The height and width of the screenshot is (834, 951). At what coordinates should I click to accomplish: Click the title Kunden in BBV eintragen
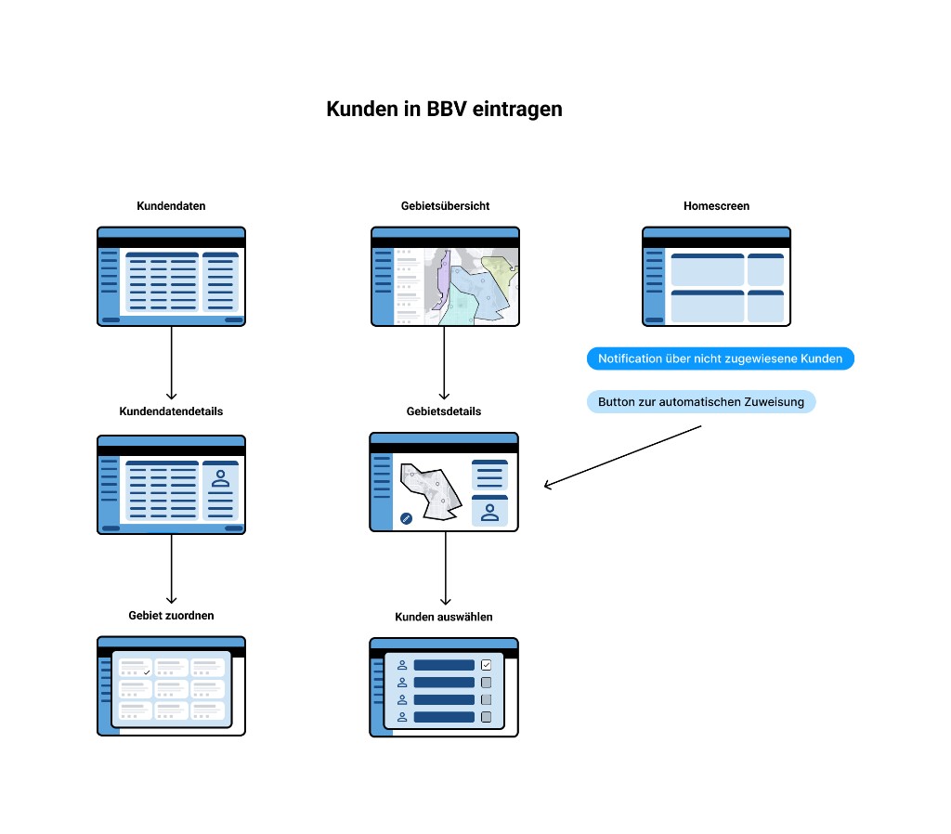pos(444,109)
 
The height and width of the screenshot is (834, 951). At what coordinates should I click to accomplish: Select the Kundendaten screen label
pos(171,205)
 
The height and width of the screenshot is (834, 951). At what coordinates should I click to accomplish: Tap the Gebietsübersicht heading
pos(445,205)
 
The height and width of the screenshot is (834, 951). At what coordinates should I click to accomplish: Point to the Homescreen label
pos(716,205)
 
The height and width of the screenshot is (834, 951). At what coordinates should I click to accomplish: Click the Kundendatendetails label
pos(171,410)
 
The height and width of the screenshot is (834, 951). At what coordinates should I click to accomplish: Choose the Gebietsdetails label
pos(444,410)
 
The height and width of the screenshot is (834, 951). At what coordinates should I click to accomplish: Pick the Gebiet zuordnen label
pos(171,615)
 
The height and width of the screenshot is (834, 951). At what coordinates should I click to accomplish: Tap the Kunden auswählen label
pos(444,616)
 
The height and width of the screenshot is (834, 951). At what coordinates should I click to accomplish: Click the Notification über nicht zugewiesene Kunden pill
pos(720,358)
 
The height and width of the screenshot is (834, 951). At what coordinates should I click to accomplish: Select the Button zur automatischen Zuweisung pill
pos(701,402)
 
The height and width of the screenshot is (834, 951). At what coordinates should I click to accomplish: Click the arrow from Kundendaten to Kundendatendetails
pos(172,362)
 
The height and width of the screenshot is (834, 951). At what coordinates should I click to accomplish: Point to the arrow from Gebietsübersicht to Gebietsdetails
pos(445,362)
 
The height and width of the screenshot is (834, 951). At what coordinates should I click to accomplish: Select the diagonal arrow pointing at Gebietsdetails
pos(622,455)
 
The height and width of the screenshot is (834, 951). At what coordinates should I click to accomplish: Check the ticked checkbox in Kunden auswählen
pos(486,665)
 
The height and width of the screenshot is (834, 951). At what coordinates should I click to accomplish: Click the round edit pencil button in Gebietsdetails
pos(406,518)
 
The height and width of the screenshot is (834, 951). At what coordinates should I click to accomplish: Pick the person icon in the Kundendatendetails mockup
pos(221,479)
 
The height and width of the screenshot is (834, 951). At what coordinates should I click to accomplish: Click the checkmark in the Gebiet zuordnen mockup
pos(147,671)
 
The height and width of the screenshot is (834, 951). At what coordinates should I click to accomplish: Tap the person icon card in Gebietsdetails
pos(489,511)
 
